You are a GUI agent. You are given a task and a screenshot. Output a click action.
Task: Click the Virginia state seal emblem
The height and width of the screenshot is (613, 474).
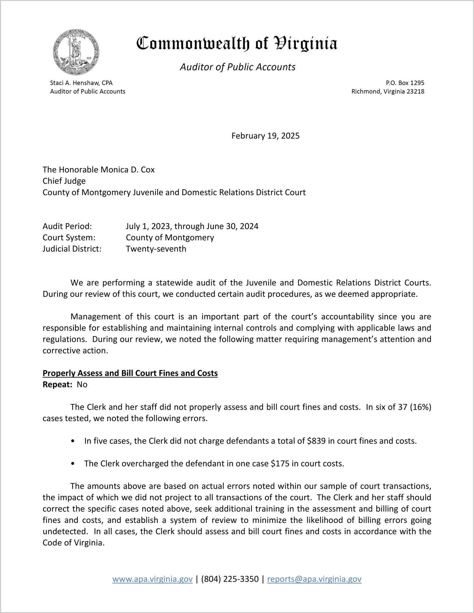76,52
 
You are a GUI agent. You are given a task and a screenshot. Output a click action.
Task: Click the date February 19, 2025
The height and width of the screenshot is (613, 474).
265,136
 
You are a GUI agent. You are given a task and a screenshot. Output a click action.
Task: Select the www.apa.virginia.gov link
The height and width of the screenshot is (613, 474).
152,579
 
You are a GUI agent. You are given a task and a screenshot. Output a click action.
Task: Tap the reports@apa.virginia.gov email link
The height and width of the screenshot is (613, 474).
314,579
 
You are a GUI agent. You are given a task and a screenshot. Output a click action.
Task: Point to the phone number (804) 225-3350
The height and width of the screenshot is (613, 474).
230,579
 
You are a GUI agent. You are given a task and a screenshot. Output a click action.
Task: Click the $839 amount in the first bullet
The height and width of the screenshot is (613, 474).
316,441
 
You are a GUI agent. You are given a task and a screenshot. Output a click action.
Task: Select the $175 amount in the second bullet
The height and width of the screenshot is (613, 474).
280,463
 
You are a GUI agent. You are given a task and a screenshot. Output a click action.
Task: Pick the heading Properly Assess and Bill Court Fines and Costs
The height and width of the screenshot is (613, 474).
130,373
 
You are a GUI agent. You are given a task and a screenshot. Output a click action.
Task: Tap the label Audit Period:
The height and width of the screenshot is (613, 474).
67,226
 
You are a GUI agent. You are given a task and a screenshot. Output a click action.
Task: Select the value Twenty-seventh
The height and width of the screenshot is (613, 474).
156,249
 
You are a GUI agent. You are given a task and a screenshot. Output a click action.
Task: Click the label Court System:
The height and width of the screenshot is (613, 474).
69,237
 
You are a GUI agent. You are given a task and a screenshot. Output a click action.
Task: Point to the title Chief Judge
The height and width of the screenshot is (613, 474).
64,181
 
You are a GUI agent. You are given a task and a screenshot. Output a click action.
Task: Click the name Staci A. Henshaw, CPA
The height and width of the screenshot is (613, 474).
81,83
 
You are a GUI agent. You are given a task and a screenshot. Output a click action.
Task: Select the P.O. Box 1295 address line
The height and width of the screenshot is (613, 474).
405,83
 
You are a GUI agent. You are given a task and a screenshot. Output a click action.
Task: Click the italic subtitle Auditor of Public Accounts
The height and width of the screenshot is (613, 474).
238,67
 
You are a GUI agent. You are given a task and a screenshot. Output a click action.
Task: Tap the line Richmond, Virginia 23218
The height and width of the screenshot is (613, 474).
388,91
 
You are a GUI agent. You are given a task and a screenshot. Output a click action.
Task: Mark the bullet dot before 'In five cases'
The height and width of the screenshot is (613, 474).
73,441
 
